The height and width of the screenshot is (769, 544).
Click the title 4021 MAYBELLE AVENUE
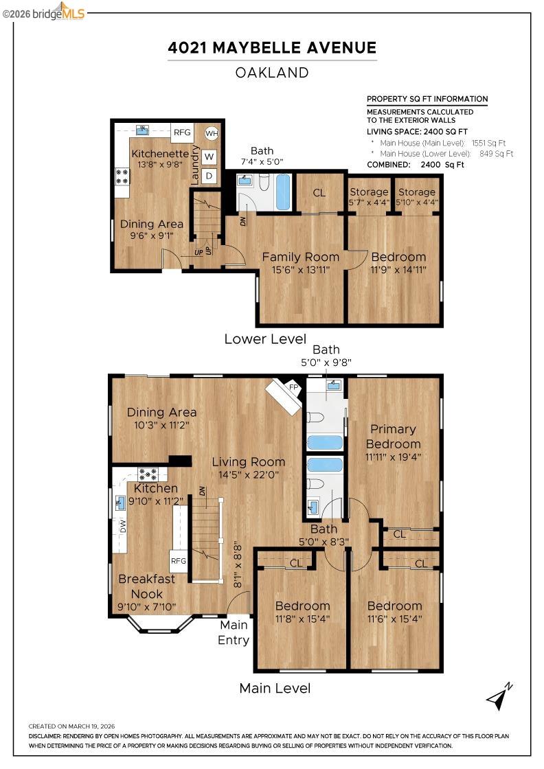272,47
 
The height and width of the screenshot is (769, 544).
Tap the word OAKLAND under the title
272,72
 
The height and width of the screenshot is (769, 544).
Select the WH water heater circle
211,133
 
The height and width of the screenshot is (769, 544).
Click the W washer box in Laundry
209,157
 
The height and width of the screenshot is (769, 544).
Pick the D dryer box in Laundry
209,176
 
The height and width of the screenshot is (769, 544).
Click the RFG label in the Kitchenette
182,133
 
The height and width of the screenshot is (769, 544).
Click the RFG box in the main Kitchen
179,560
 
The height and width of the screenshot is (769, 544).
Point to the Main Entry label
234,632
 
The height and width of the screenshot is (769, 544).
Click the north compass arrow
499,696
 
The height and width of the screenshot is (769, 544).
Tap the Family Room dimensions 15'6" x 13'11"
301,271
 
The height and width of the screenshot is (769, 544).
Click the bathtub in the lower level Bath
283,192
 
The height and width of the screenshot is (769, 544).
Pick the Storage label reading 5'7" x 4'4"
369,197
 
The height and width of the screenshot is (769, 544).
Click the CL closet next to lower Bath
319,193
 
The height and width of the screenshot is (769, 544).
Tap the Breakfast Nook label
146,586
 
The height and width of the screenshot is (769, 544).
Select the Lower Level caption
265,338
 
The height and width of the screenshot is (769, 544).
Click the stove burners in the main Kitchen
148,473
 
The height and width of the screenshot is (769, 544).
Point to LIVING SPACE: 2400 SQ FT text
417,131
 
